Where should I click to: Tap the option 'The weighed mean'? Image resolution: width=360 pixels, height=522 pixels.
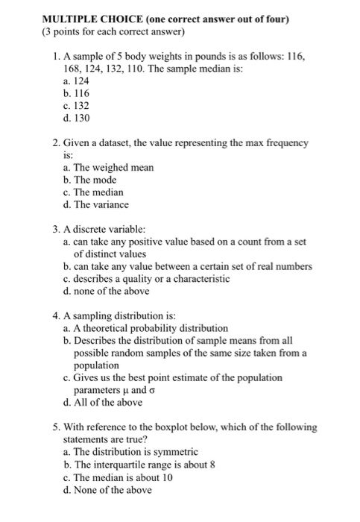tap(109, 167)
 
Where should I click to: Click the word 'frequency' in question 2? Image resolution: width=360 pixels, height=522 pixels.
tap(290, 142)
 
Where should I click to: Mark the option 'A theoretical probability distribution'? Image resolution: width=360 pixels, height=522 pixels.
tap(145, 328)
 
